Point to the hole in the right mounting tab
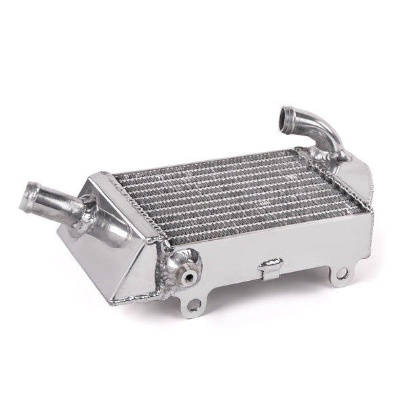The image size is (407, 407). pos(341,273)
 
